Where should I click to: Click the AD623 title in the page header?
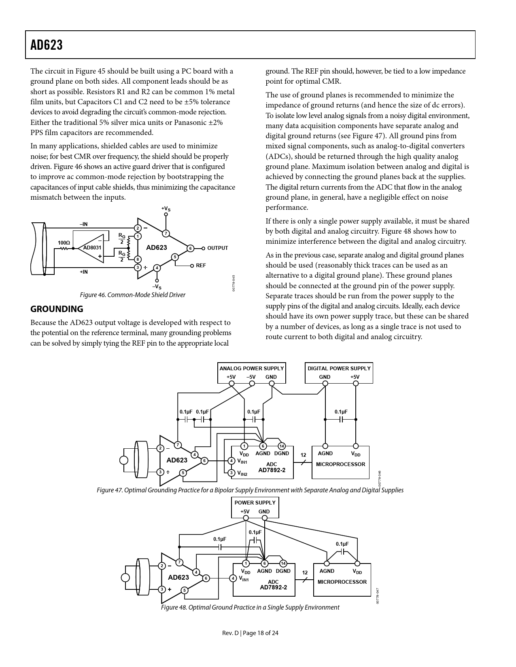(47, 45)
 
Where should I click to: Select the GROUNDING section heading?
(57, 309)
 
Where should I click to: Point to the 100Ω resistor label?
(64, 243)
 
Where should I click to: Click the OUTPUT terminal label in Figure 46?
(217, 248)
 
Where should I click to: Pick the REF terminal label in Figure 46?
(201, 266)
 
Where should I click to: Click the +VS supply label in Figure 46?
(166, 209)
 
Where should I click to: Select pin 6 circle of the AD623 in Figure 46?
(189, 248)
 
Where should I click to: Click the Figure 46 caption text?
(132, 295)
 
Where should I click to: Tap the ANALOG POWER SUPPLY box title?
(251, 368)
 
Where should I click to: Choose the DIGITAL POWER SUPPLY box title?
(339, 368)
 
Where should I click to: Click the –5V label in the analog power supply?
(251, 377)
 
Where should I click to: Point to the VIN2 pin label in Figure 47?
(242, 473)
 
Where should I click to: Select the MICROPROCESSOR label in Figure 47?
(340, 464)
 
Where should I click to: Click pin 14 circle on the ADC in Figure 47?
(282, 446)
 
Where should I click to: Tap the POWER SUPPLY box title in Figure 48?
(255, 502)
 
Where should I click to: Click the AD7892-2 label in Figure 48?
(273, 587)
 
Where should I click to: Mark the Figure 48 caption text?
(250, 607)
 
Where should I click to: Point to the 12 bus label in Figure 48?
(305, 573)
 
